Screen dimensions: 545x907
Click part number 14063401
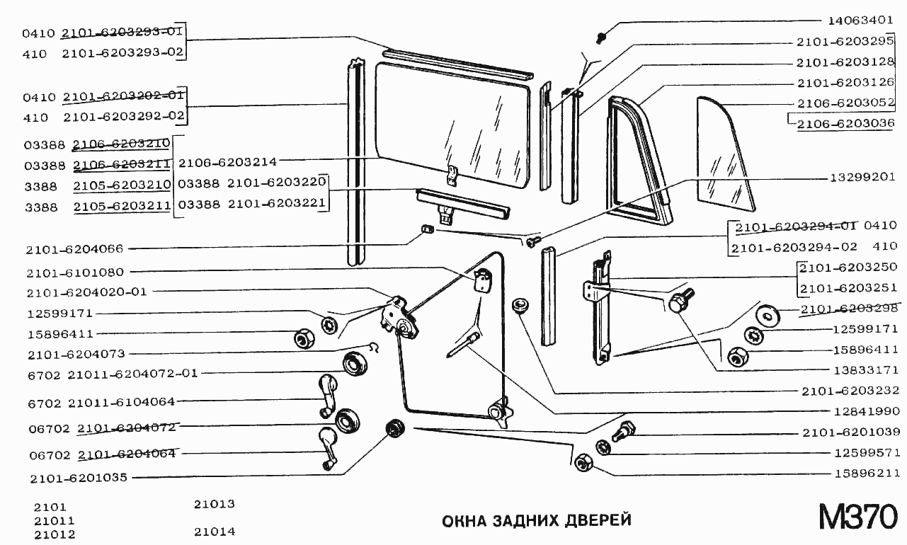click(862, 19)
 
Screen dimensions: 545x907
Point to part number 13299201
click(862, 177)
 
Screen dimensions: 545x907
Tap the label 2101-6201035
click(78, 478)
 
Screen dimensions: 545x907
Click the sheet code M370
click(857, 517)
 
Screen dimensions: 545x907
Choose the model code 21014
click(214, 532)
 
